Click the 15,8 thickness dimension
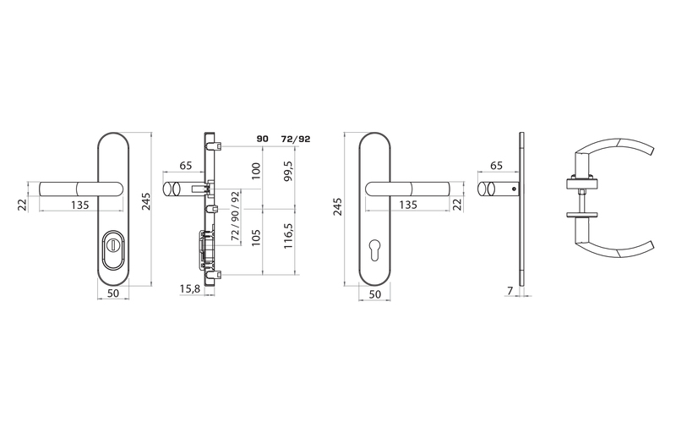[189, 289]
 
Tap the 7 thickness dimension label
[510, 291]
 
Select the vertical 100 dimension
[256, 171]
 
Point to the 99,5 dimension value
[288, 171]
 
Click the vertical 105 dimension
[256, 237]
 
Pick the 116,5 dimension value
[288, 235]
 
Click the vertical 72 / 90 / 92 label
[235, 216]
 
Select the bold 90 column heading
[263, 139]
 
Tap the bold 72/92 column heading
[295, 139]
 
